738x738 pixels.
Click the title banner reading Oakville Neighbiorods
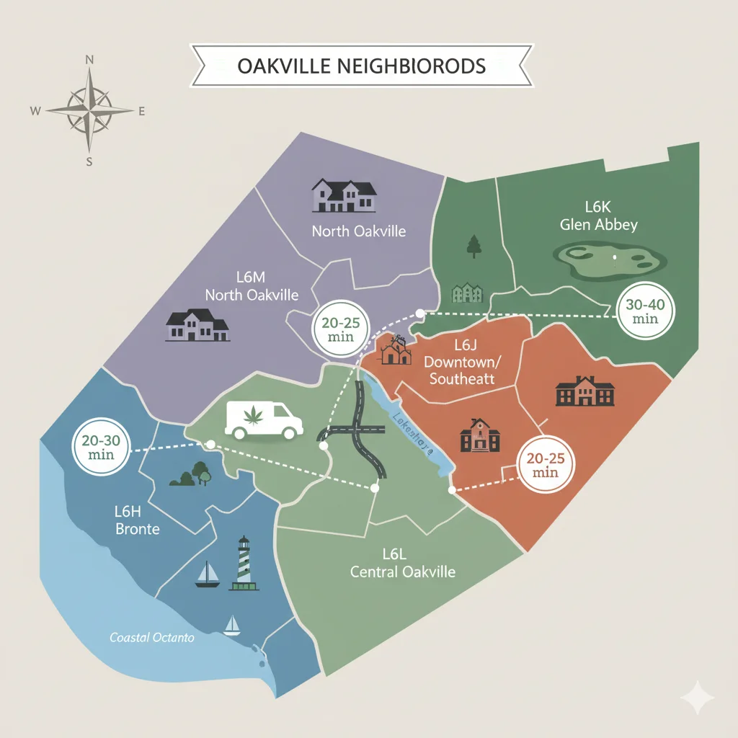pyautogui.click(x=361, y=66)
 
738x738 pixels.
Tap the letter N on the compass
pyautogui.click(x=89, y=61)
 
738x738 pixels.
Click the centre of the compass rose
pyautogui.click(x=89, y=111)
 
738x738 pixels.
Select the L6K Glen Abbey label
pyautogui.click(x=599, y=215)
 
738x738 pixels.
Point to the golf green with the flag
pyautogui.click(x=608, y=260)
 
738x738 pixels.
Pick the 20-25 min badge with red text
pyautogui.click(x=546, y=464)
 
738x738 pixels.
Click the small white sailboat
pyautogui.click(x=231, y=625)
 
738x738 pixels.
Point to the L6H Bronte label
pyautogui.click(x=137, y=520)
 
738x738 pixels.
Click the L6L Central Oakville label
pyautogui.click(x=402, y=563)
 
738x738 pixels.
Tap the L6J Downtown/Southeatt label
pyautogui.click(x=462, y=360)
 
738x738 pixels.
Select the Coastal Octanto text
pyautogui.click(x=152, y=638)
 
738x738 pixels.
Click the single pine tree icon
pyautogui.click(x=474, y=246)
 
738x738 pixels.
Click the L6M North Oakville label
pyautogui.click(x=252, y=286)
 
